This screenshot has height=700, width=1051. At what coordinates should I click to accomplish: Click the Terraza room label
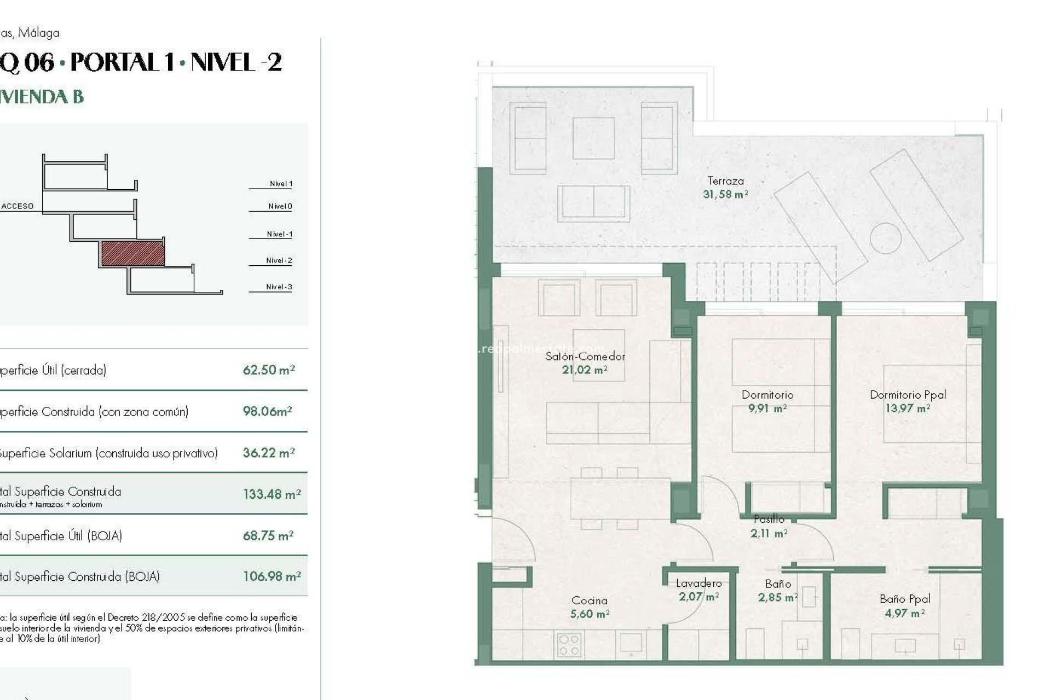pyautogui.click(x=725, y=180)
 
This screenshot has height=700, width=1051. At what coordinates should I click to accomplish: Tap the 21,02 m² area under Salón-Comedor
pyautogui.click(x=585, y=370)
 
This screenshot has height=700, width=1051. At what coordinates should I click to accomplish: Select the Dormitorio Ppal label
pyautogui.click(x=908, y=394)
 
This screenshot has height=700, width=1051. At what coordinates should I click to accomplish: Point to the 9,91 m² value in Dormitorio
pyautogui.click(x=767, y=409)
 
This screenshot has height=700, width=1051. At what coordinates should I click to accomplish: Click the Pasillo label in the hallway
pyautogui.click(x=769, y=519)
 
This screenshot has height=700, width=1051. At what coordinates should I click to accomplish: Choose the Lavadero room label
pyautogui.click(x=698, y=584)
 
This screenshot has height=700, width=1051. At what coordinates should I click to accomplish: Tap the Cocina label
pyautogui.click(x=589, y=600)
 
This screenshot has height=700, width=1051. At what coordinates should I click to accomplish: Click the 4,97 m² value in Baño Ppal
pyautogui.click(x=904, y=613)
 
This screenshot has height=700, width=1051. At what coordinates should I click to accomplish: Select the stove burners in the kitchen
pyautogui.click(x=569, y=645)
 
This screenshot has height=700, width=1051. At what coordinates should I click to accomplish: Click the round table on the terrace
pyautogui.click(x=885, y=238)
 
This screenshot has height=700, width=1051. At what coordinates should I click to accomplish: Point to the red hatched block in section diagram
pyautogui.click(x=133, y=254)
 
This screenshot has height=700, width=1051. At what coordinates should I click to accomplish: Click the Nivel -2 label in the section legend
pyautogui.click(x=279, y=260)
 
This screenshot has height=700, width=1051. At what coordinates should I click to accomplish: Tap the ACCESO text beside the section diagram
pyautogui.click(x=18, y=206)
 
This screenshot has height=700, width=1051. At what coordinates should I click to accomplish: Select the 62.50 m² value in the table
pyautogui.click(x=269, y=370)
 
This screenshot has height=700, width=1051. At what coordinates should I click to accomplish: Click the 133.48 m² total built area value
pyautogui.click(x=272, y=494)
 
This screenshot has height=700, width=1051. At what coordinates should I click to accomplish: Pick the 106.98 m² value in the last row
pyautogui.click(x=272, y=576)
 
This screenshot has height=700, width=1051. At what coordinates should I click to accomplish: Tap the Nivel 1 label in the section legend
pyautogui.click(x=281, y=184)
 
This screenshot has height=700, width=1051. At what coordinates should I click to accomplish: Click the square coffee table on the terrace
pyautogui.click(x=593, y=138)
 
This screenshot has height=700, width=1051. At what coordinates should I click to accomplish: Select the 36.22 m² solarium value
pyautogui.click(x=269, y=453)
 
